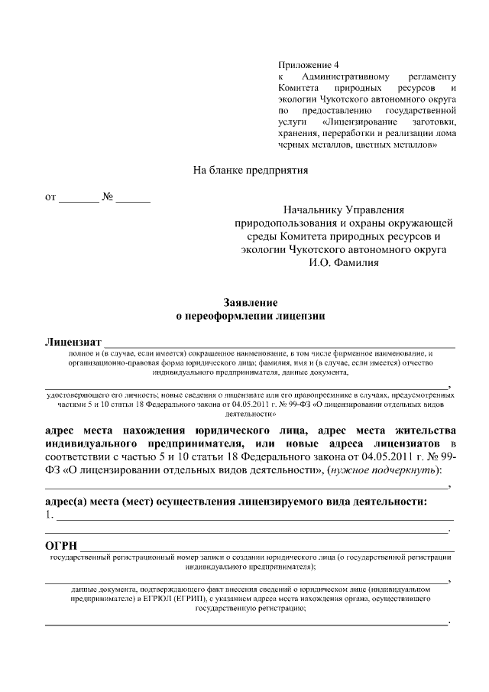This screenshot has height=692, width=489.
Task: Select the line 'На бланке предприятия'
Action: [x=250, y=170]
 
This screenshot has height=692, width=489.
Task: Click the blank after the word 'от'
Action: [x=79, y=199]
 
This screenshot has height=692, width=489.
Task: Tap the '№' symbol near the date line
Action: [x=108, y=197]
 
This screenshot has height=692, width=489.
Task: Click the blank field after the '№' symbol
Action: [x=134, y=199]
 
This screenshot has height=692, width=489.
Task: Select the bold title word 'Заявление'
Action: [x=250, y=303]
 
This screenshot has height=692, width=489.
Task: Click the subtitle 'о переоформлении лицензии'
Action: [x=250, y=315]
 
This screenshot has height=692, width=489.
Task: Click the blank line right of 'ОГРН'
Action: [x=267, y=548]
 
